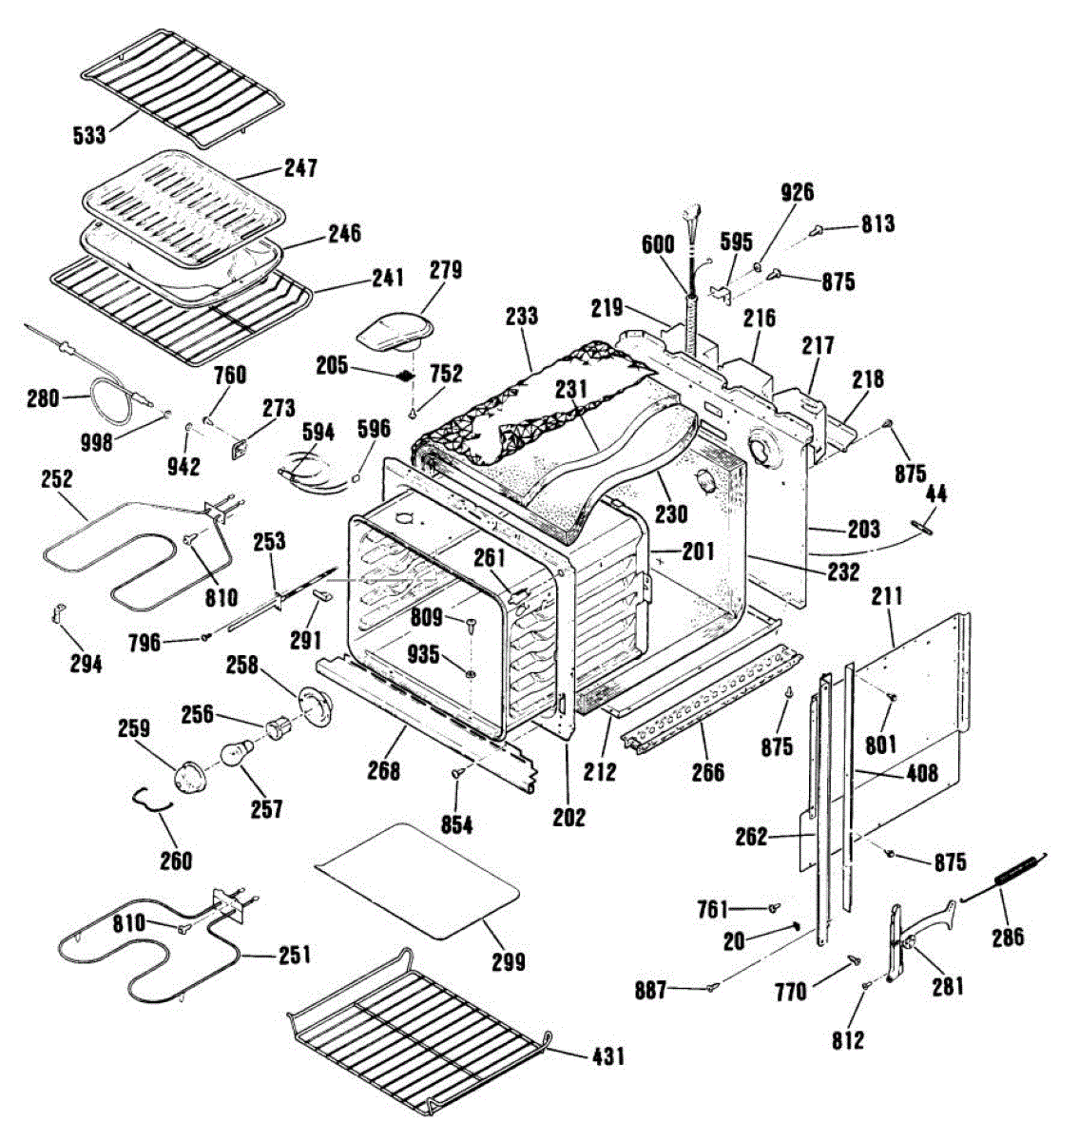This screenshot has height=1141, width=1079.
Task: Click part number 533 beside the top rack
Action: point(89,135)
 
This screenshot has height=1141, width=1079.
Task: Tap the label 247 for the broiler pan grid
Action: point(300,168)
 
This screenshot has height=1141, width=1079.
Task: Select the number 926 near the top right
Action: point(797,192)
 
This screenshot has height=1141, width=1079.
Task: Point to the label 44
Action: point(936,493)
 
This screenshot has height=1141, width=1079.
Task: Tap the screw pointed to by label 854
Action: point(459,776)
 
